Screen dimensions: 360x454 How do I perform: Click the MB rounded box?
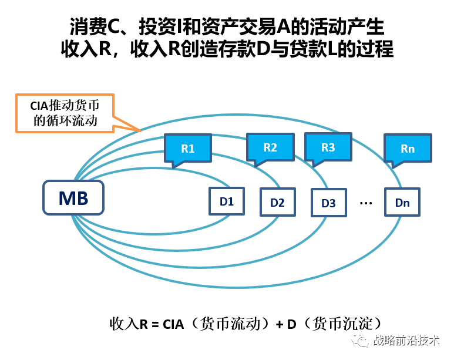tap(73, 197)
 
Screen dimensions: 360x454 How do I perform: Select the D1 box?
tap(227, 201)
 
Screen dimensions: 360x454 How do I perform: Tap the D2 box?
tap(277, 203)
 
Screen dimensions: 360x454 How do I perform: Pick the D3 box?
tap(328, 203)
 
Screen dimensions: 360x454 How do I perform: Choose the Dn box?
tap(402, 203)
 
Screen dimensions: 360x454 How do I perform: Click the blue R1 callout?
tap(187, 148)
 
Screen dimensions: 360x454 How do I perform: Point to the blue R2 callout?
tap(270, 147)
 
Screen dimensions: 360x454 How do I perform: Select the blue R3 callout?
tap(328, 147)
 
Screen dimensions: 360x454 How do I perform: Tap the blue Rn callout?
tap(408, 148)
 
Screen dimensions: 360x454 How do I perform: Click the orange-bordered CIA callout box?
tap(65, 112)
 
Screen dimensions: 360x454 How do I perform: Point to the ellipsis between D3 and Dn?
tap(366, 203)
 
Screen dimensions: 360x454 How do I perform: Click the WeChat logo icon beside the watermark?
tap(360, 341)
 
